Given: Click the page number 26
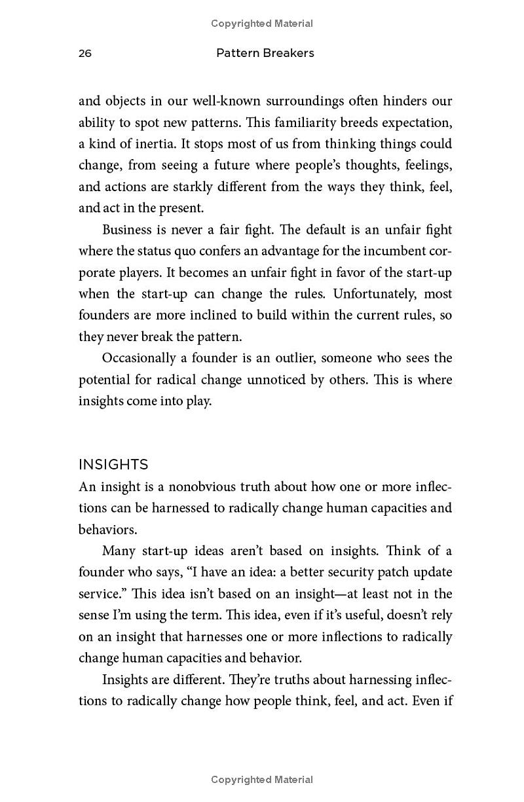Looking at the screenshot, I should [85, 54].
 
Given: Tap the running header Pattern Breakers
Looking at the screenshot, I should [265, 53].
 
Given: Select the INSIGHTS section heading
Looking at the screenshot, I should [113, 465].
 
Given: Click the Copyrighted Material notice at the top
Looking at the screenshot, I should [262, 24].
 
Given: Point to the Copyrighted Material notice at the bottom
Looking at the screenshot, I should [262, 780].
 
